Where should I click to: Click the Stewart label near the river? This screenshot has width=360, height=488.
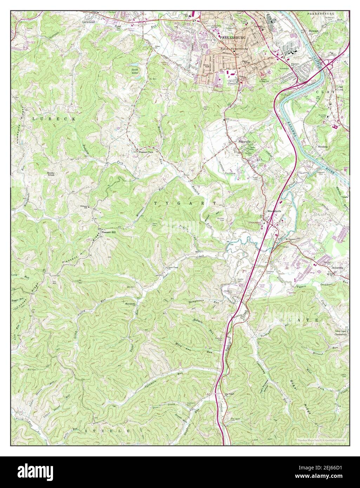coord(313,31)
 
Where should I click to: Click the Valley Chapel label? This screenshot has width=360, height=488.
coord(340,331)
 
